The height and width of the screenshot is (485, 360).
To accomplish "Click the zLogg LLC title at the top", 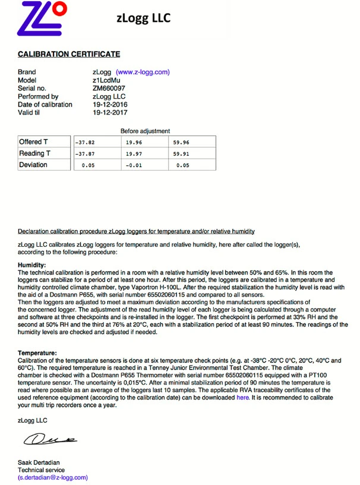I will coord(143,18).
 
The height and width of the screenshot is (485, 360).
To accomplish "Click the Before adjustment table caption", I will coord(145,131).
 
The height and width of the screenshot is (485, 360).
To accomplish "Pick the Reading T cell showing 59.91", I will coord(181,154).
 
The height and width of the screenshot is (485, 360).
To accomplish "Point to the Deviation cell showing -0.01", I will coord(134,165).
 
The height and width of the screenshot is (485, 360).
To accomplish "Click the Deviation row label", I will coord(33,165).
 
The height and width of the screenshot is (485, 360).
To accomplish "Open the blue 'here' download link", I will coord(242,398).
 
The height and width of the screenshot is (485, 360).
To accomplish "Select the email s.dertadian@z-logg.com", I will coord(52,477).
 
